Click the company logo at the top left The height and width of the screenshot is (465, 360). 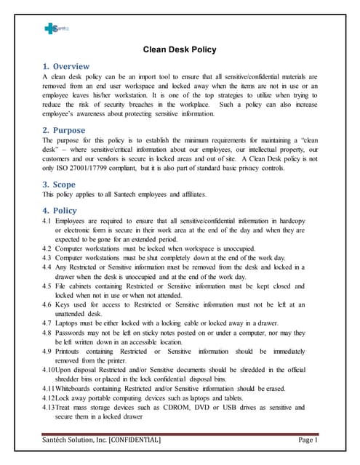(x=55, y=28)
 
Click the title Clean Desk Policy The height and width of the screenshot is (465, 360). (x=180, y=50)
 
